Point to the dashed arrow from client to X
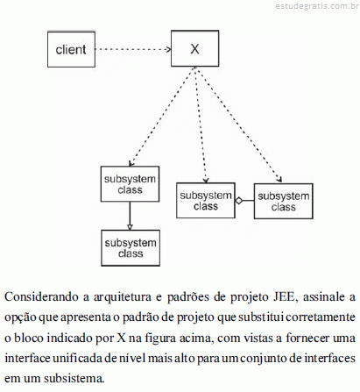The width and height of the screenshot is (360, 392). tap(133, 49)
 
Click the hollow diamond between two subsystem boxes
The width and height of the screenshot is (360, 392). tap(239, 201)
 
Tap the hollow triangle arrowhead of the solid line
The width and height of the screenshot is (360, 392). tap(130, 227)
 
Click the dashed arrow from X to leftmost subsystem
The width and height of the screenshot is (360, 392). tap(161, 117)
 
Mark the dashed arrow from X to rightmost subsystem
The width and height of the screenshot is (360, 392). tap(239, 125)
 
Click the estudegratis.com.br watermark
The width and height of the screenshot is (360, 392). tap(317, 6)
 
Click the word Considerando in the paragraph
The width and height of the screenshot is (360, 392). tap(42, 297)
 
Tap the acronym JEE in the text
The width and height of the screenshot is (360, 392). tap(284, 297)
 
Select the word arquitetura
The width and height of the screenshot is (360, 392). tap(123, 297)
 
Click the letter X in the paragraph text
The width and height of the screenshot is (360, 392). tap(122, 338)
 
